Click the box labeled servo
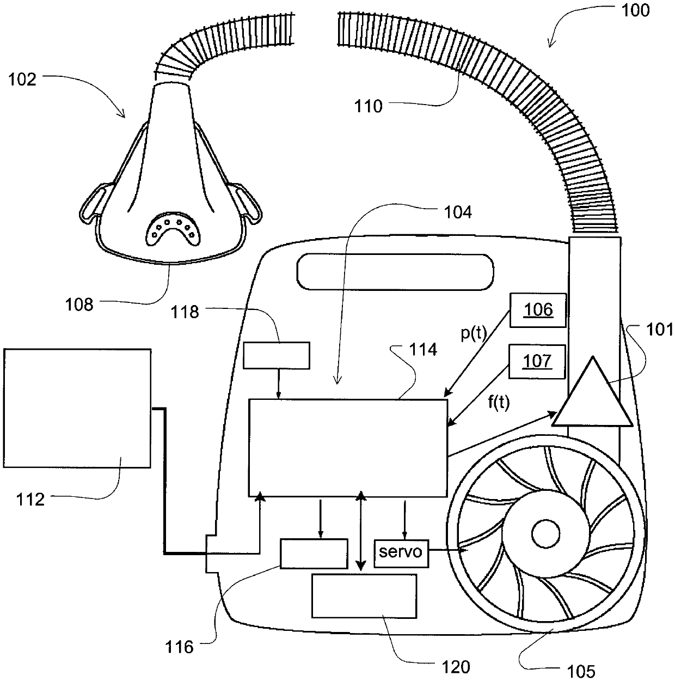(x=401, y=552)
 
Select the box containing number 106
(x=538, y=310)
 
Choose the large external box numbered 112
(x=77, y=408)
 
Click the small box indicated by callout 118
(x=277, y=355)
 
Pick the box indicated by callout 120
(x=364, y=595)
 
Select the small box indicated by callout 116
(x=314, y=554)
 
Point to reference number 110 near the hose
(x=369, y=106)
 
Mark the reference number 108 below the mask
(x=79, y=304)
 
